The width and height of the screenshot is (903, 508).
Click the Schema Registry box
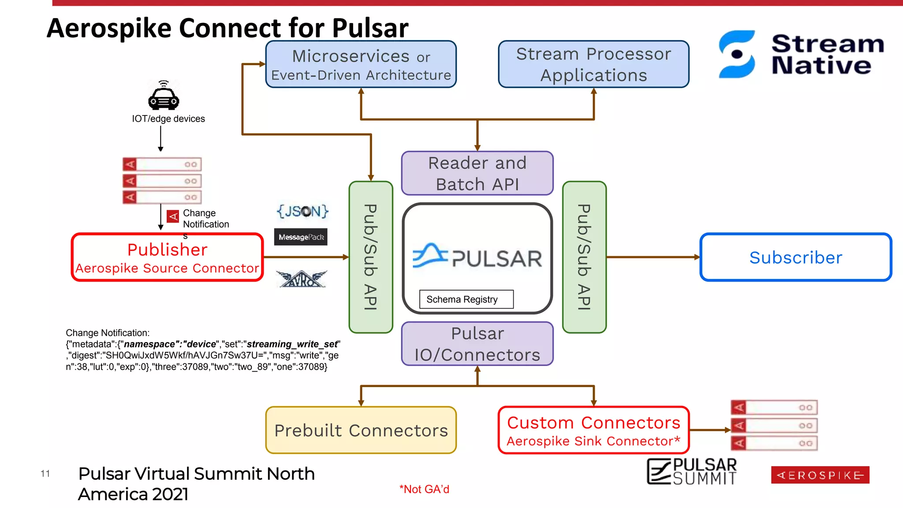coord(466,299)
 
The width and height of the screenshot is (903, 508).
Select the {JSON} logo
coord(302,211)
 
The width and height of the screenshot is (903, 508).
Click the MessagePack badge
coord(301,237)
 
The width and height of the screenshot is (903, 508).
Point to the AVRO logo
coord(302,279)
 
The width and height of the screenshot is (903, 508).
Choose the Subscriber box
coord(795,257)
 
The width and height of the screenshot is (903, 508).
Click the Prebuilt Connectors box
coord(361,430)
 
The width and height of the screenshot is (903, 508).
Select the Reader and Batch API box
coord(477,173)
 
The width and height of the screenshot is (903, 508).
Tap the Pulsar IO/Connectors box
coord(477,344)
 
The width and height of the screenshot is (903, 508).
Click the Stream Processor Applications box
coord(593,64)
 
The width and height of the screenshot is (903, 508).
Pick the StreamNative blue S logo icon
coord(737,54)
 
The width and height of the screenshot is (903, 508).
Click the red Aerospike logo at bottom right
coord(820,475)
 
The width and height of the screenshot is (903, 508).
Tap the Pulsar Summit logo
coord(692,471)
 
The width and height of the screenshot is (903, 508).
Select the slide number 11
coord(45,474)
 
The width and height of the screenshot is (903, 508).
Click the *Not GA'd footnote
coord(424,489)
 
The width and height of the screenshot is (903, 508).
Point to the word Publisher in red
coord(167,250)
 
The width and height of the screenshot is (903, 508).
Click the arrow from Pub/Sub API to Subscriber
coord(653,257)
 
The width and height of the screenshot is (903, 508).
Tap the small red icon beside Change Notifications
coord(173,217)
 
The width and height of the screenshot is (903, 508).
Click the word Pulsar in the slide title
coord(370,28)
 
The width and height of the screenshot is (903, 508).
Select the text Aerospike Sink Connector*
coord(593,441)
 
